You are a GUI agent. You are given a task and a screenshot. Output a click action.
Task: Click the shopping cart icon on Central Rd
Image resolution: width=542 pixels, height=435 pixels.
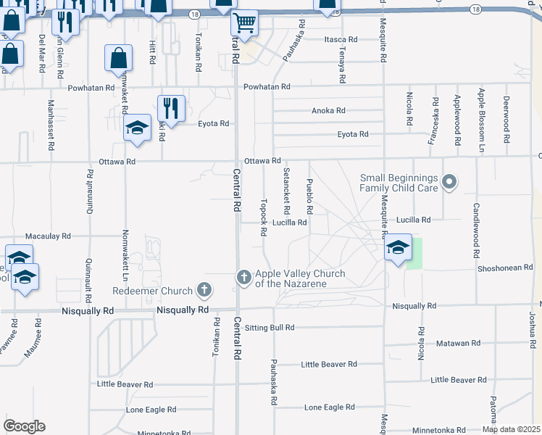(x=245, y=23)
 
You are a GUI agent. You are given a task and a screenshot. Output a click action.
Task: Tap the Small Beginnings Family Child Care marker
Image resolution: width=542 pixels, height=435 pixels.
(x=449, y=182)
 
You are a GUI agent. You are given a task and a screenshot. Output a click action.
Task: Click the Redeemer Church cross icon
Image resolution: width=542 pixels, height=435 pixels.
(x=204, y=291)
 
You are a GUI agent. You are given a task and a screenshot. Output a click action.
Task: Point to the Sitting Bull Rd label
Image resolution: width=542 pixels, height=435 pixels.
(x=270, y=328)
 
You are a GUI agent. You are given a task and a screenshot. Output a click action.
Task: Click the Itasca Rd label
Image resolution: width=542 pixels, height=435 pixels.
(x=341, y=39)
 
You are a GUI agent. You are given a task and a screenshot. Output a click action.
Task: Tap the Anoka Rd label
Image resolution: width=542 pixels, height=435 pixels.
(x=328, y=111)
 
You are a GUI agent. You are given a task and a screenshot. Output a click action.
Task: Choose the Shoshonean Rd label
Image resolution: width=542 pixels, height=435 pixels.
(x=505, y=268)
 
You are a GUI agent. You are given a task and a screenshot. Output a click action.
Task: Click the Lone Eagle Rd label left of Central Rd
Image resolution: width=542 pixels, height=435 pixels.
(x=151, y=410)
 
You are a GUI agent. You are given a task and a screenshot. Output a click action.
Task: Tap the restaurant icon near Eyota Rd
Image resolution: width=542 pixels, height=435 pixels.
(x=171, y=108)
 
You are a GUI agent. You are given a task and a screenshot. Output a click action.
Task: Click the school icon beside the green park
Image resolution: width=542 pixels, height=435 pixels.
(x=397, y=247)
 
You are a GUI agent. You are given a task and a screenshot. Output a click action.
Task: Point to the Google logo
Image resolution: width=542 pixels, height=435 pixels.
(x=24, y=426)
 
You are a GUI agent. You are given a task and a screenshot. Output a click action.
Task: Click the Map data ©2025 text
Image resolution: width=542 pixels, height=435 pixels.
(x=511, y=429)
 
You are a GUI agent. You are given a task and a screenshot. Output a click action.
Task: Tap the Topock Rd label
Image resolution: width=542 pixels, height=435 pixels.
(x=264, y=216)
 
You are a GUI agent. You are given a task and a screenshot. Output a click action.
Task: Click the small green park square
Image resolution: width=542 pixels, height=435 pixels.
(x=414, y=253)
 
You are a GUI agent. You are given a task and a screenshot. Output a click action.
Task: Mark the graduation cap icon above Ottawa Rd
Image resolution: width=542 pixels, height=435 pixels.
(x=136, y=127)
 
